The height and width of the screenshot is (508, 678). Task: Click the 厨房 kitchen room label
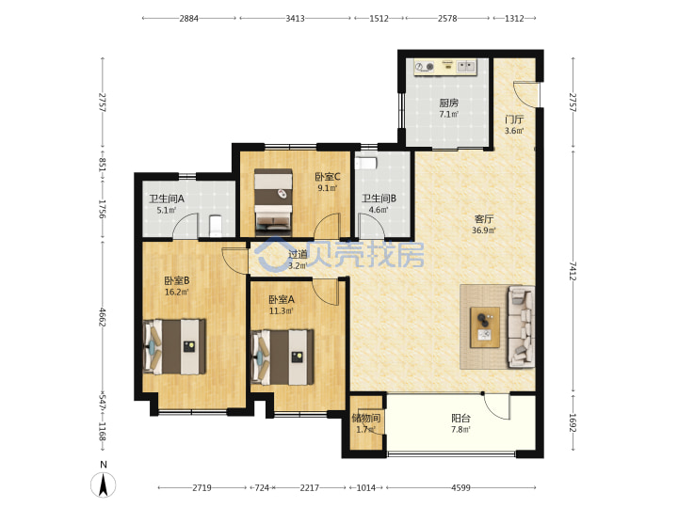(x=448, y=103)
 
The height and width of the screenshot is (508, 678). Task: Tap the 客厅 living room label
(x=483, y=219)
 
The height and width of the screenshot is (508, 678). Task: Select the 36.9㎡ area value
(x=483, y=230)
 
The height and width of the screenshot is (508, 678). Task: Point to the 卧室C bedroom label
(x=328, y=177)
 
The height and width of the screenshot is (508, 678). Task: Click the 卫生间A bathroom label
(x=167, y=198)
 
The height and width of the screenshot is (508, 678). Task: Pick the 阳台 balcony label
(x=460, y=418)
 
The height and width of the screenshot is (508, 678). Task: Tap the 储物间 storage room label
(x=365, y=418)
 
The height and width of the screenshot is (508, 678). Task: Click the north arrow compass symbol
(x=103, y=484)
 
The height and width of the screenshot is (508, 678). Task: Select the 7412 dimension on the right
(x=573, y=271)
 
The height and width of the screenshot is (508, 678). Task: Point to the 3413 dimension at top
(x=295, y=18)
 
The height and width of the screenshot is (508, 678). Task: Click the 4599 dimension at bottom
(x=460, y=487)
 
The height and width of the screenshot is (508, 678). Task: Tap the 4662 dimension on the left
(x=103, y=317)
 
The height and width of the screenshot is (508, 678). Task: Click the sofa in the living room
(x=522, y=326)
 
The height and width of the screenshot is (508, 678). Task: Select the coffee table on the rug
(x=485, y=327)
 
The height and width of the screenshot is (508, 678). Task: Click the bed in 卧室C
(x=273, y=202)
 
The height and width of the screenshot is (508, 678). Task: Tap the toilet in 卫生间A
(x=216, y=226)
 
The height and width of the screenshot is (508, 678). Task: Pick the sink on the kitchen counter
(x=466, y=66)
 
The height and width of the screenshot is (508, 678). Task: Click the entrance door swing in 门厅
(x=526, y=93)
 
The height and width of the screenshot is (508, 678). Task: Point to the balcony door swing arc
(x=497, y=406)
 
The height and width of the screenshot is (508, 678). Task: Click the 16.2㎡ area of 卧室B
(x=176, y=292)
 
